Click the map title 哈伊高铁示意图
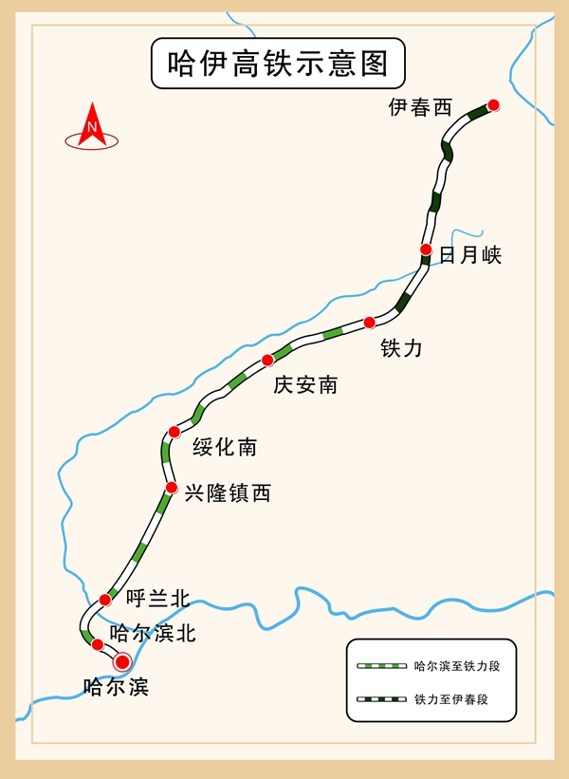(x=278, y=64)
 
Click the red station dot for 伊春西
(x=493, y=104)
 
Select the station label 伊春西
(x=420, y=107)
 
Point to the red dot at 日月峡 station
(x=426, y=249)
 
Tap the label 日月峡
(x=470, y=255)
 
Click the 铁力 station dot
(x=369, y=323)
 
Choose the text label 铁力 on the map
(x=401, y=348)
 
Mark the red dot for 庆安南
(x=267, y=361)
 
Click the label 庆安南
(x=305, y=385)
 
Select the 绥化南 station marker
(x=174, y=432)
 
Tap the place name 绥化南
(x=225, y=447)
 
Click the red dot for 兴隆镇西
(x=172, y=488)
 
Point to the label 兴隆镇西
(x=228, y=493)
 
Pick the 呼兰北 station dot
(x=104, y=600)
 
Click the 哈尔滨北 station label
(x=153, y=634)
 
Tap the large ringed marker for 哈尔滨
(x=122, y=661)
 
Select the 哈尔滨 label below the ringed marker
(x=117, y=687)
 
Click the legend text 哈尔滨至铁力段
(x=457, y=666)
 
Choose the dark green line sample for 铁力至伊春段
(x=381, y=699)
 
